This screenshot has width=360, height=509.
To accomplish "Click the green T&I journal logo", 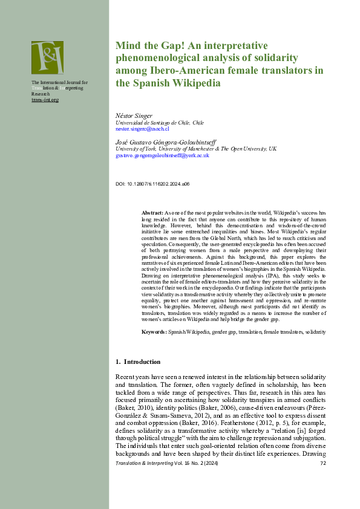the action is coord(47,57).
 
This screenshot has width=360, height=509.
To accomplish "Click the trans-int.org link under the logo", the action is coord(45,100).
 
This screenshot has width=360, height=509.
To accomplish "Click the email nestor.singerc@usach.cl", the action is coord(142,129).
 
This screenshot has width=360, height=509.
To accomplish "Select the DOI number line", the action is coord(152,183).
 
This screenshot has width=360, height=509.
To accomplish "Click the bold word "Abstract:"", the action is coord(152,213).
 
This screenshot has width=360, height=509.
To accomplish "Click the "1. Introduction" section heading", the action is coord(138,361).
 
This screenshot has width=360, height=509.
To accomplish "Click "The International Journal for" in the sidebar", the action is coord(59,82).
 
